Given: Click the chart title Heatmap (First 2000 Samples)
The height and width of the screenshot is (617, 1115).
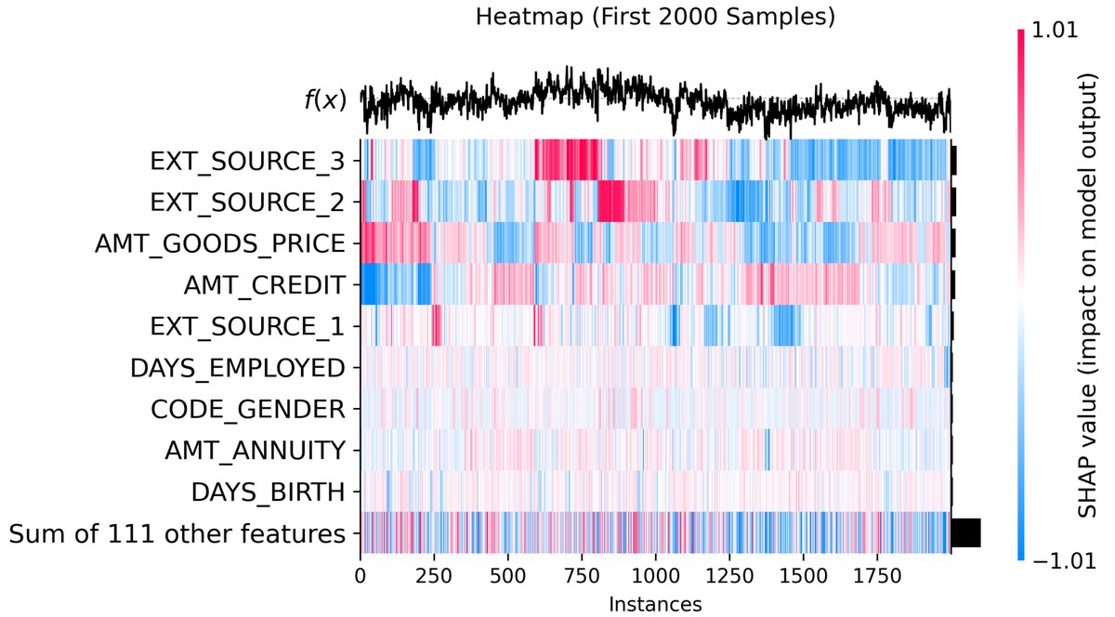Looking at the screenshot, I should click(x=654, y=17).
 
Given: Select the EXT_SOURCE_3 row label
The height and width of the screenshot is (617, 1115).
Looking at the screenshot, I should click(x=247, y=161).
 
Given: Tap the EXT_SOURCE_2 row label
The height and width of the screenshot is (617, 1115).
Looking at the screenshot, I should click(x=247, y=203).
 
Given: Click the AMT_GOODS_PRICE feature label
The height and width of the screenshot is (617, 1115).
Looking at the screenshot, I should click(x=219, y=243).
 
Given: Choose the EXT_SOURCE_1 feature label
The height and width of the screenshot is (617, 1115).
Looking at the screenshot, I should click(x=247, y=327).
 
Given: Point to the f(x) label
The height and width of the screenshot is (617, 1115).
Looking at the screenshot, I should click(x=324, y=99).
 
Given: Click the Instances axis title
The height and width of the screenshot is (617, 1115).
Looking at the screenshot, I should click(x=654, y=604).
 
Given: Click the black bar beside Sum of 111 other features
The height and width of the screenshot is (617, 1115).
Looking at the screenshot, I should click(x=966, y=533).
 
